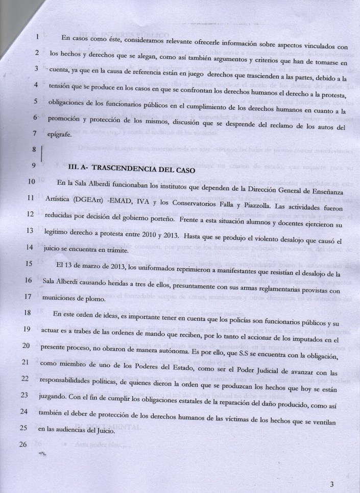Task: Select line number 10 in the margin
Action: point(31,181)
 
